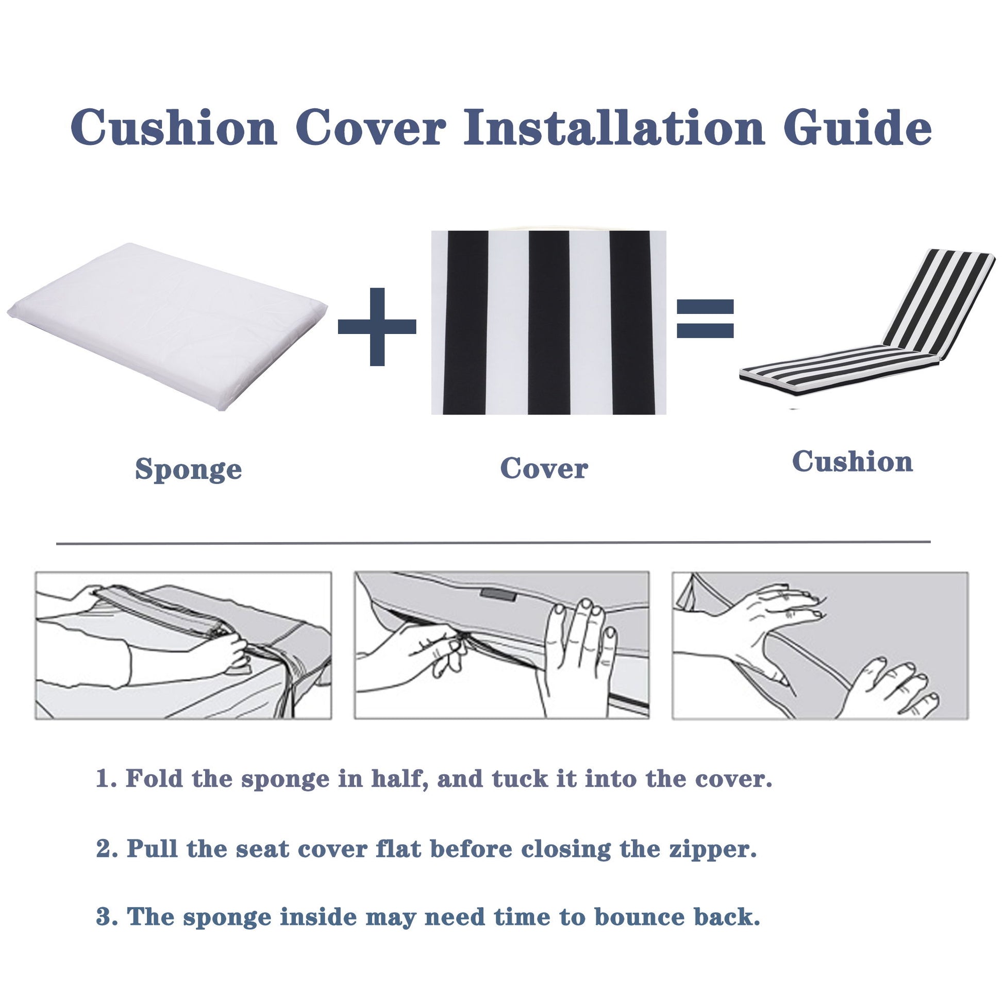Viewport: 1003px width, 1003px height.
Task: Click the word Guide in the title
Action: [x=857, y=128]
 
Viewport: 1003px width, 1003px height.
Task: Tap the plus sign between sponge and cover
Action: [x=377, y=326]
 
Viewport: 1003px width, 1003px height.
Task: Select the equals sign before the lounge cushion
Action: [x=705, y=319]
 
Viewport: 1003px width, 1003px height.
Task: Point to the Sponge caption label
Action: [x=189, y=469]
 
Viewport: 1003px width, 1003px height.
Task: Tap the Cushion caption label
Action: [x=852, y=461]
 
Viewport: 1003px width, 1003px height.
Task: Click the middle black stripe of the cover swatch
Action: [x=549, y=322]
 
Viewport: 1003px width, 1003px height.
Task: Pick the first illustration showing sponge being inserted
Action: [x=183, y=645]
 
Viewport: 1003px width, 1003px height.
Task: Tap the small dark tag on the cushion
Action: [x=498, y=594]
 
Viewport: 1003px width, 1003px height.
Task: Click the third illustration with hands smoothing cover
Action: [x=820, y=645]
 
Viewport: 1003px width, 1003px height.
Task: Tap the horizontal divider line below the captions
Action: [x=493, y=543]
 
